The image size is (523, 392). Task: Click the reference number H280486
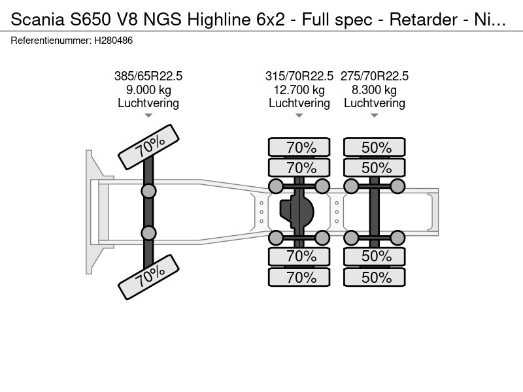point(113,41)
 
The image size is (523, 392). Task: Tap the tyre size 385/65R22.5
point(148,76)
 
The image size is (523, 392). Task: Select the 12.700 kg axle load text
point(299,90)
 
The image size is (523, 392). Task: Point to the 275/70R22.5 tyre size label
point(374,76)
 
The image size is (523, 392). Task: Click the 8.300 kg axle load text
point(374,90)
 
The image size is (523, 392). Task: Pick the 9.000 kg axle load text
point(148,90)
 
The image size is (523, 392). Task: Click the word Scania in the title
point(37,20)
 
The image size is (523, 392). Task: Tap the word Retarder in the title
point(423,20)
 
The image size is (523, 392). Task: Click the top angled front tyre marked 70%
point(149,147)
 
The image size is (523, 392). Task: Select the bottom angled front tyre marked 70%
point(149,277)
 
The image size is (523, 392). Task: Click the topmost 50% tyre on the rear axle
point(374,147)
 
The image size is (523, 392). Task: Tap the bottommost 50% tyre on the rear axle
point(374,277)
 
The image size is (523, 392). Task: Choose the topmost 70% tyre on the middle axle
point(299,147)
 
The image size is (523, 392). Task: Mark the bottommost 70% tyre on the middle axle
point(299,277)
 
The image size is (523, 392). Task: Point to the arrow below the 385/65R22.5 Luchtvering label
point(148,116)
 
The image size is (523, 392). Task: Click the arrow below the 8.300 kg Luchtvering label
point(374,116)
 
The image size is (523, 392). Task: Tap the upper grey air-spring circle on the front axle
point(148,191)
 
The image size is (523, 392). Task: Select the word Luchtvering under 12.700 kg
point(299,103)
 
